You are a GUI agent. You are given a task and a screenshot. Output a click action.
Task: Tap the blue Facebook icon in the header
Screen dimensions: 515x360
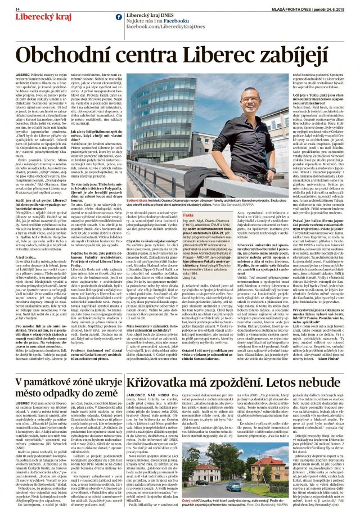(119, 17)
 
